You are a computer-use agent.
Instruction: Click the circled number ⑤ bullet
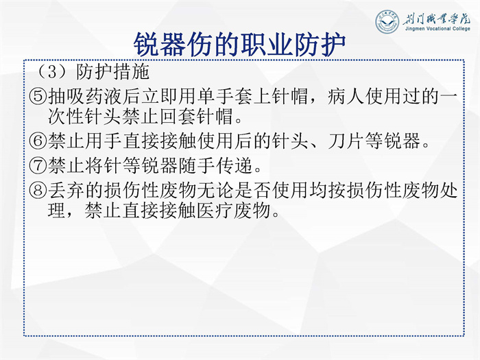(38, 97)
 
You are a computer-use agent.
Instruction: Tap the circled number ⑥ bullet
(38, 141)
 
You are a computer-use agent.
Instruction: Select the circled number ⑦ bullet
(38, 165)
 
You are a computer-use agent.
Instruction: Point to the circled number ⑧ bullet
(38, 190)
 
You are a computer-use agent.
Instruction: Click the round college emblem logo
(387, 21)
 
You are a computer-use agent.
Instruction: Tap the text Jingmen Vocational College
(437, 29)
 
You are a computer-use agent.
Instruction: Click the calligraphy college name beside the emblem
(436, 19)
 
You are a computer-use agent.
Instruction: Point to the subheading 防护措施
(112, 72)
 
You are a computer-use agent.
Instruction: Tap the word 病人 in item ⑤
(346, 97)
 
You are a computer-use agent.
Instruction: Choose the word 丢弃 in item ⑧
(67, 190)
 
